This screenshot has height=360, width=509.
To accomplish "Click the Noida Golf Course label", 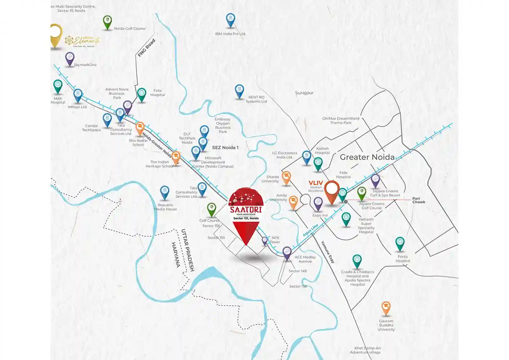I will [x=129, y=29].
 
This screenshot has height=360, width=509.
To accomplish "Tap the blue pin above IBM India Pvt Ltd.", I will [x=230, y=20].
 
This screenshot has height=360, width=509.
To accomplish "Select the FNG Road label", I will [x=146, y=48].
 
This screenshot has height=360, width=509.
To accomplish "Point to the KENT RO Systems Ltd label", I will [x=256, y=99].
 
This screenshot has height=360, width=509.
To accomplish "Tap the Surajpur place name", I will [x=304, y=93].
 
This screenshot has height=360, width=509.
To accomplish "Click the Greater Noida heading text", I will [x=367, y=157].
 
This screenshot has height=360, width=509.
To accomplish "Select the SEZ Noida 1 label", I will [x=225, y=148].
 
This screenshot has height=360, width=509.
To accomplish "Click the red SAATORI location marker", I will [x=246, y=213].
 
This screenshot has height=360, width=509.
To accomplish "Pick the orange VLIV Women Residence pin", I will [x=331, y=191].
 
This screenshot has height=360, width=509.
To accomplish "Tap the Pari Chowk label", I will [x=419, y=200].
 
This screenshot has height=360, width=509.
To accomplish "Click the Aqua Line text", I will [x=310, y=230].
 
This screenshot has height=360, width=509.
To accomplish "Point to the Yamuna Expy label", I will [x=328, y=252].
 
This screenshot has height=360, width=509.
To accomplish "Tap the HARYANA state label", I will [x=176, y=255].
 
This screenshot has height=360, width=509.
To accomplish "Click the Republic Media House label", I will [x=165, y=207].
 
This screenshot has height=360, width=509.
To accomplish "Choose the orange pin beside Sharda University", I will [x=286, y=178].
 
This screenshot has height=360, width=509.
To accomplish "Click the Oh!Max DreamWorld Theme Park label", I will [x=341, y=121].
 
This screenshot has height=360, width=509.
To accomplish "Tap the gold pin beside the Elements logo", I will [x=56, y=34].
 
